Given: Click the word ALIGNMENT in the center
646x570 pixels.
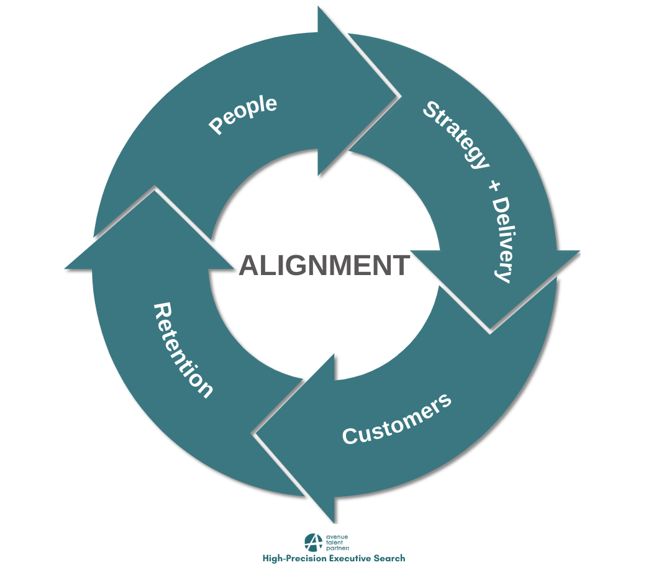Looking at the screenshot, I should pyautogui.click(x=324, y=266).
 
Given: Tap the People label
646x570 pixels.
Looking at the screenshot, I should pyautogui.click(x=243, y=115).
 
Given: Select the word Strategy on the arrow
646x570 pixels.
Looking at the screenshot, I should pyautogui.click(x=456, y=134).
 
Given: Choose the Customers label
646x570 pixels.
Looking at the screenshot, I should pyautogui.click(x=396, y=419).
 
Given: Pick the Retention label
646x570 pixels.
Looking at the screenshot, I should pyautogui.click(x=183, y=350).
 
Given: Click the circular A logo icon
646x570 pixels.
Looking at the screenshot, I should pyautogui.click(x=314, y=543).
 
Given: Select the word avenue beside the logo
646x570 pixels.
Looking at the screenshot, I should pyautogui.click(x=337, y=536).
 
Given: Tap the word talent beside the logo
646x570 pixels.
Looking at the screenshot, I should pyautogui.click(x=335, y=543).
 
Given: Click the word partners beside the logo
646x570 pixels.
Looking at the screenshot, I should pyautogui.click(x=338, y=549).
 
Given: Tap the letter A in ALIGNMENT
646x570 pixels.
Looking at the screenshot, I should pyautogui.click(x=250, y=266).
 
